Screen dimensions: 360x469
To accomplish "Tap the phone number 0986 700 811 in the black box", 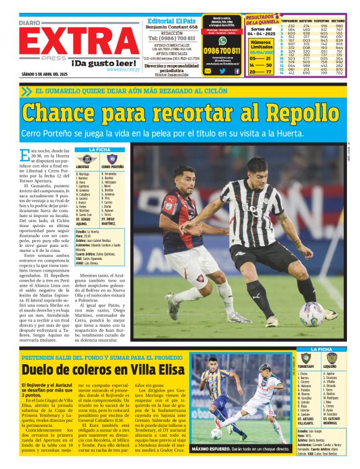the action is coord(222,51).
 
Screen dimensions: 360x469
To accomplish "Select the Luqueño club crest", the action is coord(331,358).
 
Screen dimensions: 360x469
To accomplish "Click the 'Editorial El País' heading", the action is coord(172,20).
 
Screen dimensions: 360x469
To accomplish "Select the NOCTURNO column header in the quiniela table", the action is coord(338,20).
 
